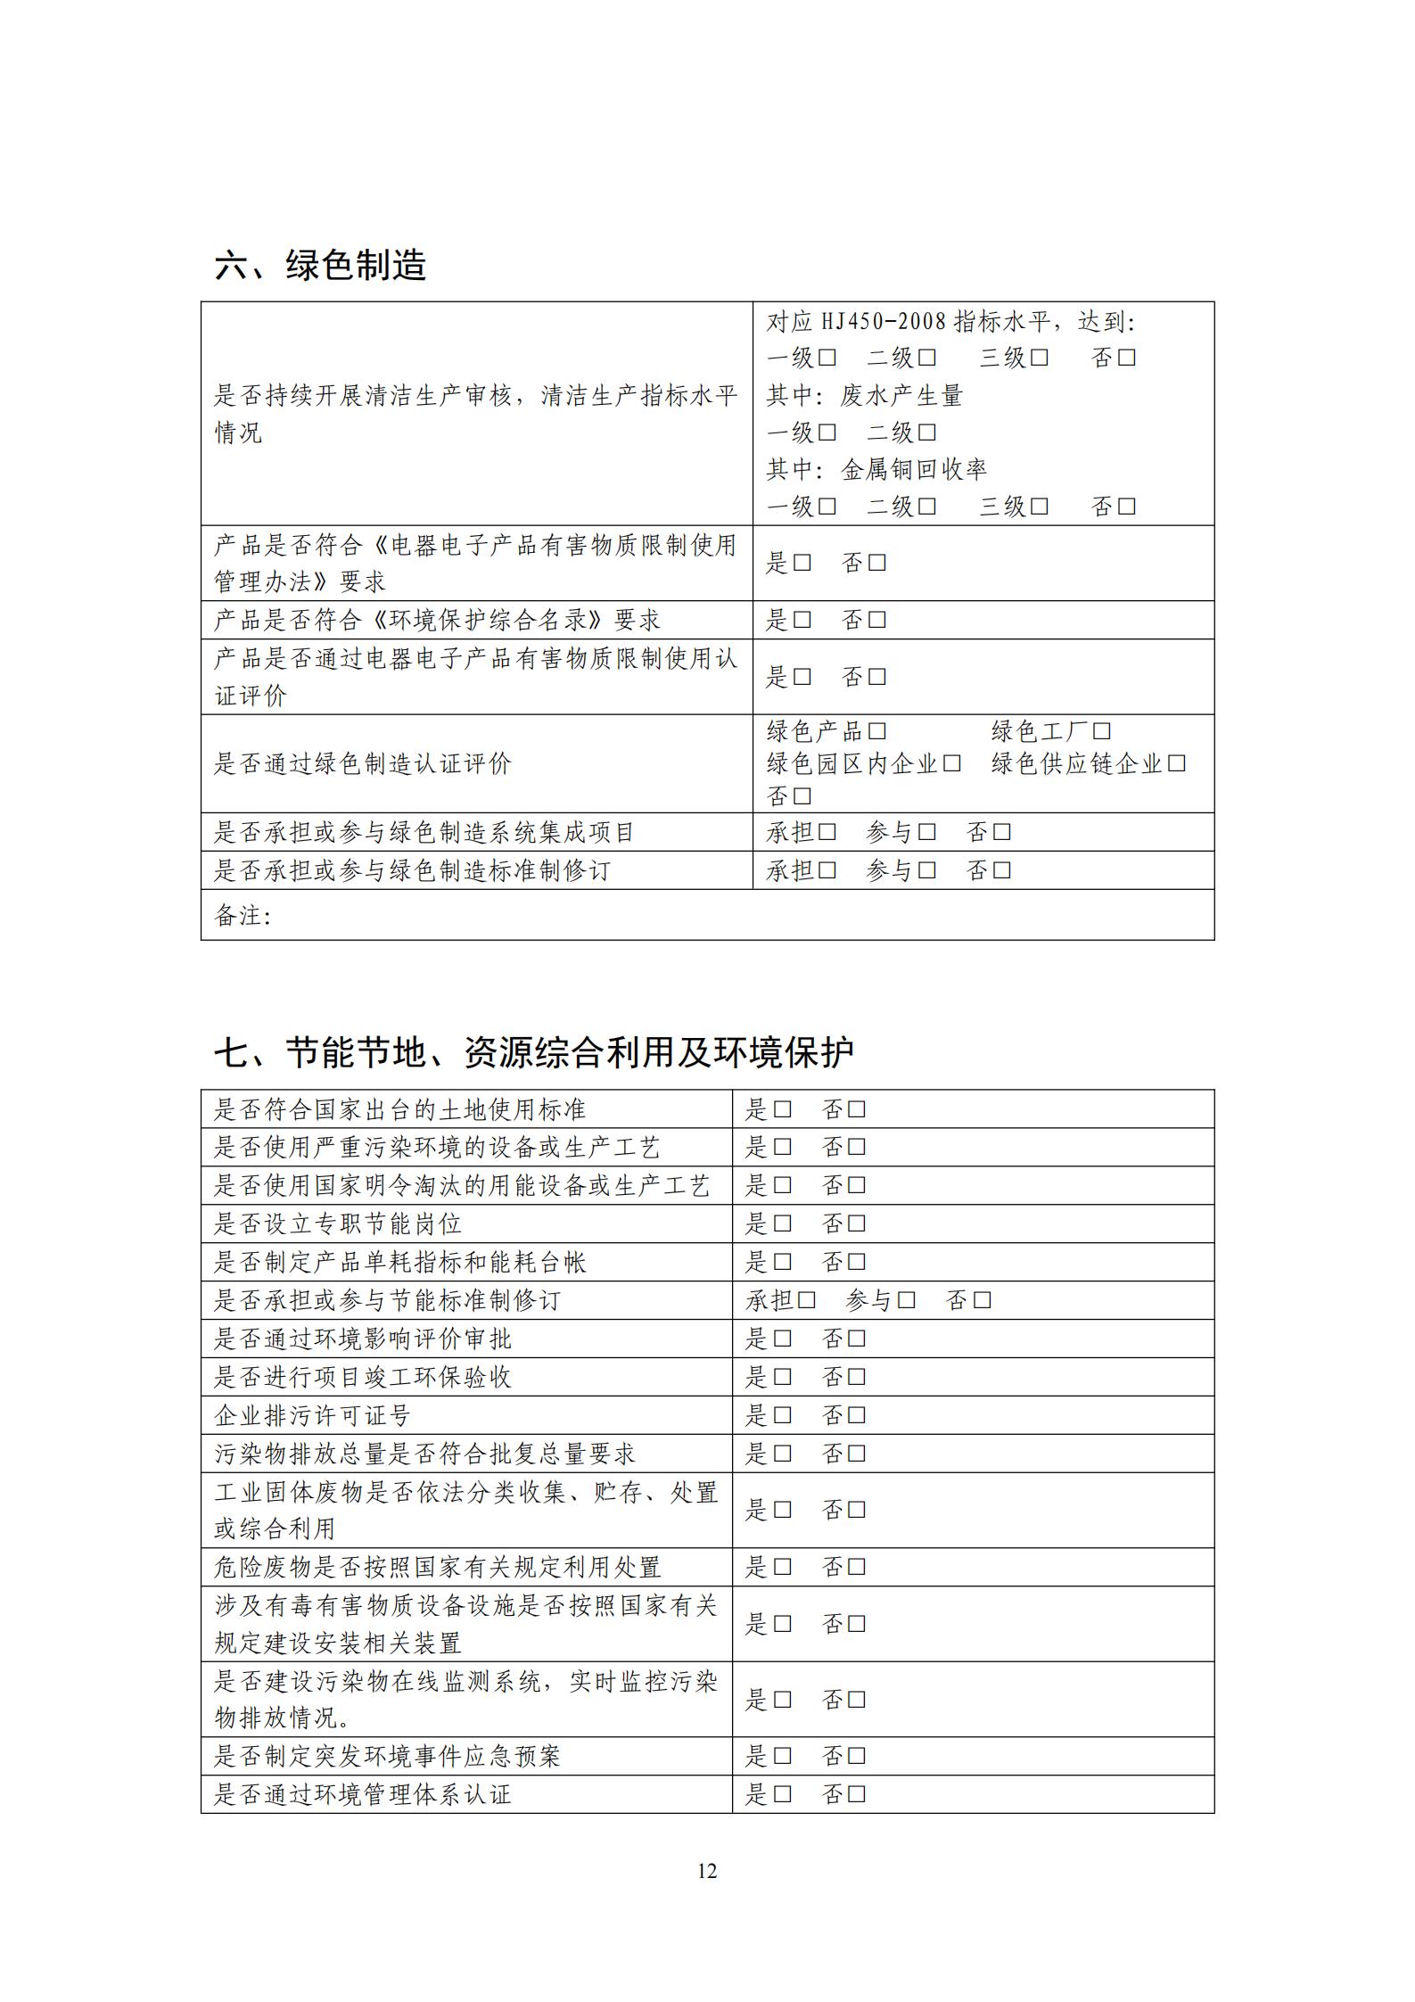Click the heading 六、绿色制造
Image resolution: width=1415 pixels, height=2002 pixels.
click(320, 266)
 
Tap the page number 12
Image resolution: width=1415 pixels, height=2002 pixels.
click(706, 1871)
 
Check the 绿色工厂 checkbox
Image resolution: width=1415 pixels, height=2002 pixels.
click(1102, 732)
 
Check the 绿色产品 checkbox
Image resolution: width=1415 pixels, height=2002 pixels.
click(877, 732)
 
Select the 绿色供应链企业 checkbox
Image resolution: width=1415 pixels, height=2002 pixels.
click(1177, 764)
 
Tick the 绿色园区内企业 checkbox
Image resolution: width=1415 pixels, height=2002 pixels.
click(952, 764)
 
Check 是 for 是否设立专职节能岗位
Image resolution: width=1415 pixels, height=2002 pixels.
click(783, 1224)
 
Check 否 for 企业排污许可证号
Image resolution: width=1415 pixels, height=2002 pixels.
click(857, 1416)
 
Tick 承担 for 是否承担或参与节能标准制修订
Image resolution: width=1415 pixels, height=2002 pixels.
click(807, 1301)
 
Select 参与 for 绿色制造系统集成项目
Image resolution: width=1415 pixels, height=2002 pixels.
click(927, 833)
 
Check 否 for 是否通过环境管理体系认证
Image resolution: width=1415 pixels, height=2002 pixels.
click(857, 1794)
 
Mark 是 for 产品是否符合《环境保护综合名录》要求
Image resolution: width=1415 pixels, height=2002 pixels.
click(802, 620)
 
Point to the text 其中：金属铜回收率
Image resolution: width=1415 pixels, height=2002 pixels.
click(876, 470)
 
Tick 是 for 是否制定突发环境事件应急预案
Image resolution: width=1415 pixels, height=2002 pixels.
click(783, 1757)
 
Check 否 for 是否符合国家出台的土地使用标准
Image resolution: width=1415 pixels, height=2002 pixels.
click(857, 1110)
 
